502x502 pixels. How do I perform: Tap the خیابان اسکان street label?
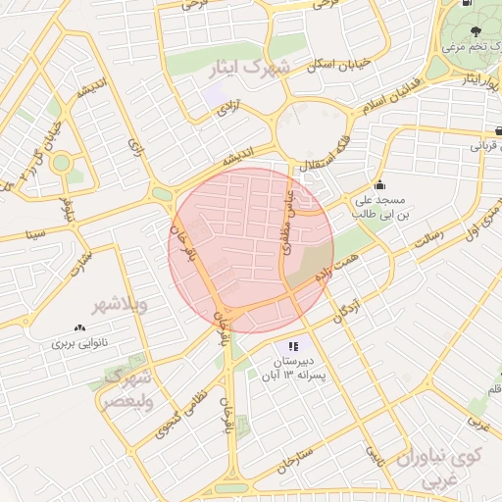tap(339, 63)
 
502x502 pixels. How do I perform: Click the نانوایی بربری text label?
tap(78, 344)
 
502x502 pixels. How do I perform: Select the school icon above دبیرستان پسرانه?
tap(292, 347)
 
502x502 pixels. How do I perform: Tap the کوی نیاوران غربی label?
tap(439, 469)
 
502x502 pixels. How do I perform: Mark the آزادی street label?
tap(227, 109)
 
